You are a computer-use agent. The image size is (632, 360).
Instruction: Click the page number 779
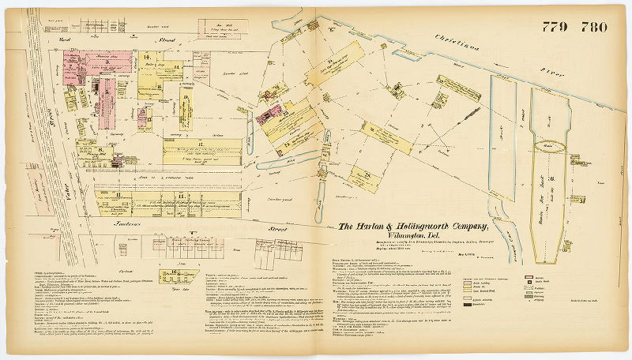[555, 27]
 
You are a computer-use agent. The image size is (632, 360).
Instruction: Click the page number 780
[592, 27]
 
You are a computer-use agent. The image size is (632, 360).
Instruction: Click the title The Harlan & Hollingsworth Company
[419, 227]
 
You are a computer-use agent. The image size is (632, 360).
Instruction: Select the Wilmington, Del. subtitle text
[419, 238]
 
